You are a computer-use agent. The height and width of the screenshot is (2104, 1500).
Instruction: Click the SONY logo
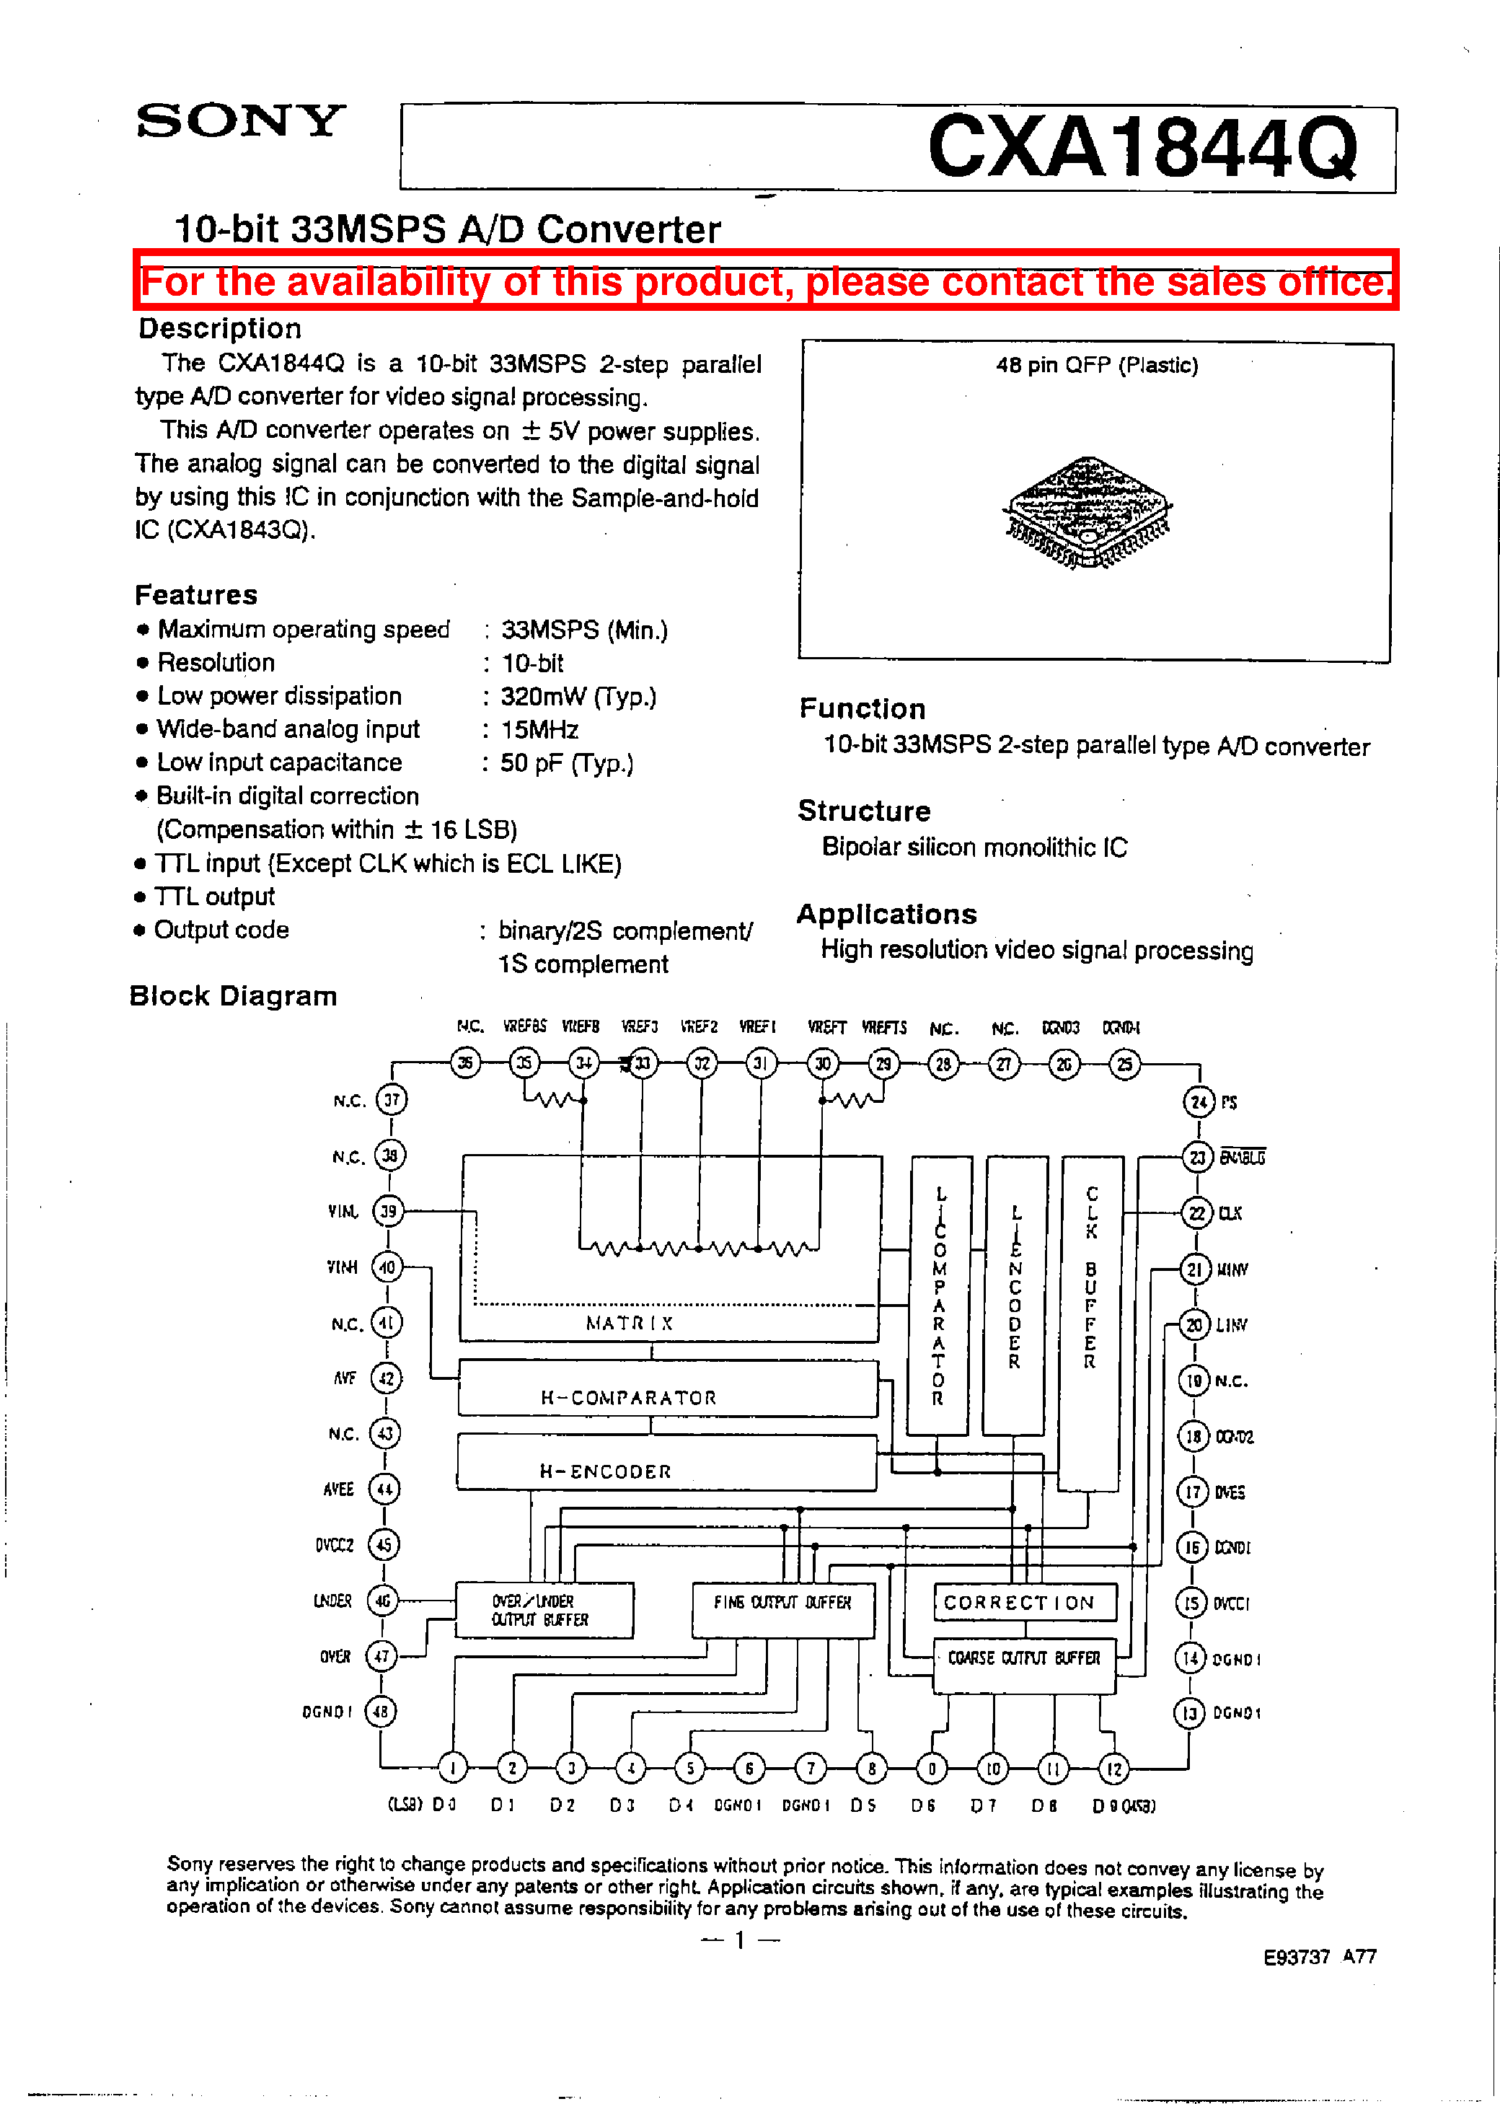click(x=240, y=121)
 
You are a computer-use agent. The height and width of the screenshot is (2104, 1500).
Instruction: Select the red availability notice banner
click(x=766, y=281)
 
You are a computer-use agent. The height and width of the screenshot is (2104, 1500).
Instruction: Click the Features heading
click(x=196, y=595)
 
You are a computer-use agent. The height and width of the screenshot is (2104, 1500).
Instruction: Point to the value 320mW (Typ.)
click(x=578, y=697)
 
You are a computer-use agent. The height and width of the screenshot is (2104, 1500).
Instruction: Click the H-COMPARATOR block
click(x=667, y=1388)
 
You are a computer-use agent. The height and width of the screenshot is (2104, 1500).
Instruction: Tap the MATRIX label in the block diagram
click(x=629, y=1323)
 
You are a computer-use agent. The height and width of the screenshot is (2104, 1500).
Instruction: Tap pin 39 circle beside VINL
click(x=388, y=1211)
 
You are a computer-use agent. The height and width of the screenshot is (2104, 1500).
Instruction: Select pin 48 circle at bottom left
click(x=381, y=1712)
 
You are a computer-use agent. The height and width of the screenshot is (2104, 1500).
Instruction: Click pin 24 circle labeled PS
click(x=1199, y=1101)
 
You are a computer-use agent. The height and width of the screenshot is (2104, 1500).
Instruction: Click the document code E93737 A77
click(x=1319, y=1956)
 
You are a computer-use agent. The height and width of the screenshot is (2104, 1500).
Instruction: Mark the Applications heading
click(x=887, y=915)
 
